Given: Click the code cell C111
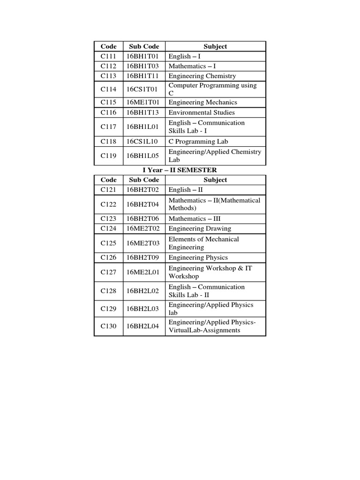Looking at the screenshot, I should pyautogui.click(x=108, y=56).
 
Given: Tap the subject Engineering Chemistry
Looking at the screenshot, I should pyautogui.click(x=202, y=76).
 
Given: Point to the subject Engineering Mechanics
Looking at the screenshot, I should pyautogui.click(x=202, y=102).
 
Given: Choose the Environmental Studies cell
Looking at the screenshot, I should pyautogui.click(x=202, y=112).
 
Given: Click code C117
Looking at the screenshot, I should pyautogui.click(x=108, y=127).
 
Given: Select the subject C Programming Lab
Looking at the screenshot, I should pyautogui.click(x=198, y=141).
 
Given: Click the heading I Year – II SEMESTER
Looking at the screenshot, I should pyautogui.click(x=180, y=170).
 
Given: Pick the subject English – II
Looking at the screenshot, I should pyautogui.click(x=186, y=190).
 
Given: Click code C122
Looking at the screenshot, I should pyautogui.click(x=108, y=204).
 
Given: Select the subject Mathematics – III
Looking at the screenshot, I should pyautogui.click(x=195, y=218).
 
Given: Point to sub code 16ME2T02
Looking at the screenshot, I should pyautogui.click(x=142, y=229).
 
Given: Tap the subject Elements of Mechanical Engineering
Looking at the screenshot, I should pyautogui.click(x=203, y=243).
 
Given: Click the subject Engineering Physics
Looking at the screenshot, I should pyautogui.click(x=198, y=257).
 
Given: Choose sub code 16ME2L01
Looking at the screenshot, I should pyautogui.click(x=142, y=272).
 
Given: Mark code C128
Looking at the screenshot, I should pyautogui.click(x=108, y=291).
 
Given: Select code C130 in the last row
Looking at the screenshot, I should pyautogui.click(x=108, y=327).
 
